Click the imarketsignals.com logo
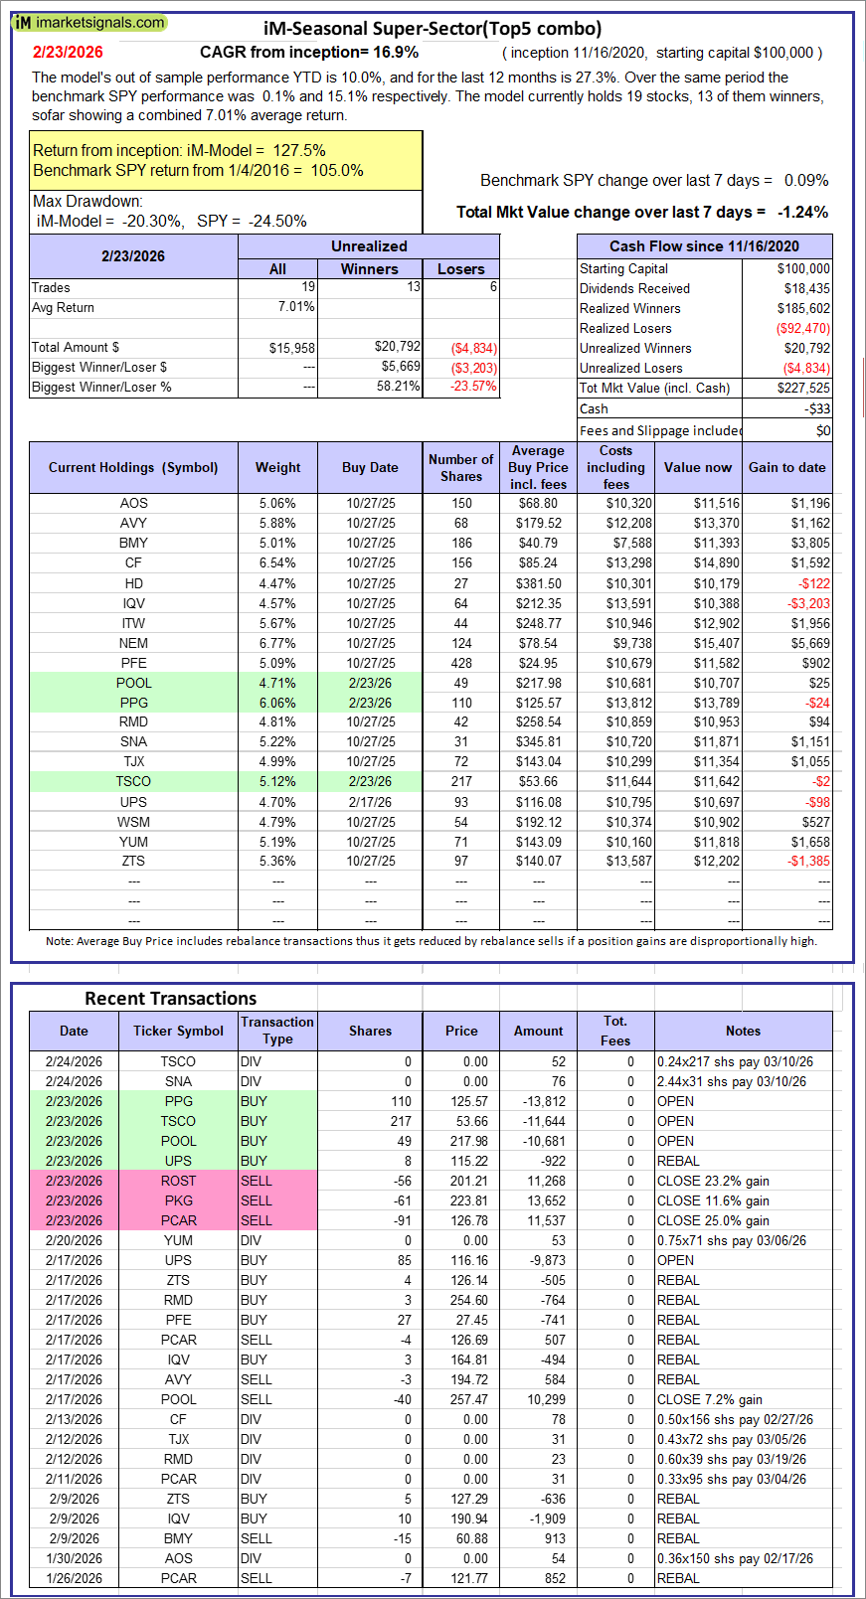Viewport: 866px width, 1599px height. click(89, 22)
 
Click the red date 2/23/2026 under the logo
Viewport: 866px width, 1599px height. click(68, 53)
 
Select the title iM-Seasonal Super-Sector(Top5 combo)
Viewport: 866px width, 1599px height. click(433, 29)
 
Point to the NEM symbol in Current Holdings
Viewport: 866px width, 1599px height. click(133, 643)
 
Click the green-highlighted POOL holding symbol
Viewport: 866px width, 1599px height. click(133, 683)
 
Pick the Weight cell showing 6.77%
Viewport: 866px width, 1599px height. click(277, 643)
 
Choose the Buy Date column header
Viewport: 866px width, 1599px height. click(370, 467)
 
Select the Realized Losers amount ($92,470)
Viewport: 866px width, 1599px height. click(803, 328)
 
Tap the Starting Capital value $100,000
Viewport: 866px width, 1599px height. click(803, 268)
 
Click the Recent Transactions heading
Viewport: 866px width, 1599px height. click(171, 999)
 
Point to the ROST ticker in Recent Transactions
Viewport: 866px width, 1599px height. click(178, 1181)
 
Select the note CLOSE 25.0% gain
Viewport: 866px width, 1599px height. click(713, 1220)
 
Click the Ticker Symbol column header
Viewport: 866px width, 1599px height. click(178, 1031)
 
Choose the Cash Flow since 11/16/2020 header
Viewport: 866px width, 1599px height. click(704, 246)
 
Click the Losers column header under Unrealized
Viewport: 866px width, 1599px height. click(461, 269)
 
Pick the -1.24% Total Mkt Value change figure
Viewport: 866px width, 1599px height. click(803, 212)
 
